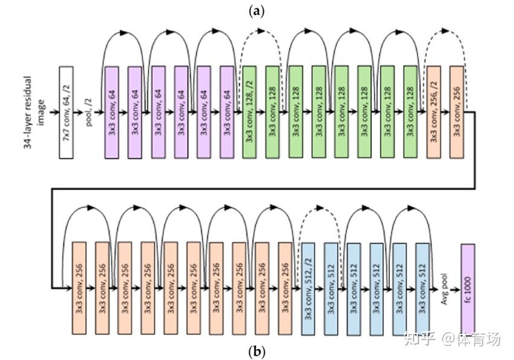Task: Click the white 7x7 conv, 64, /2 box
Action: tap(67, 113)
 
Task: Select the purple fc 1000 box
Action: tap(468, 289)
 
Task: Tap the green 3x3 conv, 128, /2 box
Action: tap(250, 112)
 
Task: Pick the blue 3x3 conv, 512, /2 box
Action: tap(308, 289)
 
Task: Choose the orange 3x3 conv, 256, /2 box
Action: tap(434, 112)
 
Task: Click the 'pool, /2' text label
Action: tap(89, 113)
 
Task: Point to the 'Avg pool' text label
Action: tap(444, 289)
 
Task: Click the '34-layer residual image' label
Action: tap(34, 113)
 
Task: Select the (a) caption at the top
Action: tap(256, 11)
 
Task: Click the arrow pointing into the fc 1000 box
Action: tap(455, 289)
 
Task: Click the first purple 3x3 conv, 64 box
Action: tap(112, 113)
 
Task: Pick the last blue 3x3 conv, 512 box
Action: tap(423, 289)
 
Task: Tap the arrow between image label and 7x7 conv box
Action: tap(54, 112)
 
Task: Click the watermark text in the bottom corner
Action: tap(452, 339)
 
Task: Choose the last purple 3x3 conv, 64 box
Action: tap(227, 112)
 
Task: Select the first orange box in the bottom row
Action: tap(79, 288)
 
